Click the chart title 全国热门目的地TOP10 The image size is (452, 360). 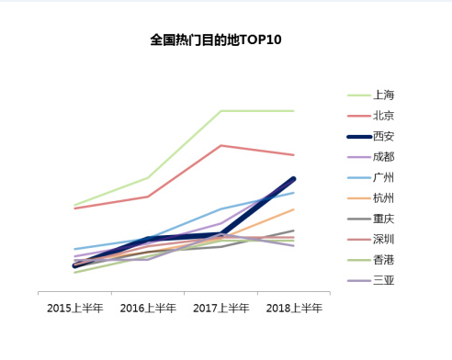tap(216, 40)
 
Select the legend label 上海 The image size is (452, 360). tap(384, 95)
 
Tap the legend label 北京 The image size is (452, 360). tap(384, 116)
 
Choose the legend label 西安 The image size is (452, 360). tap(384, 136)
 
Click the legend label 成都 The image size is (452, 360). tap(384, 157)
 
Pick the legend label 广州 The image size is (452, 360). tap(384, 177)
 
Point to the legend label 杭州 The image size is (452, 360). tap(384, 198)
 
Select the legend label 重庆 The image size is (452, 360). tap(384, 219)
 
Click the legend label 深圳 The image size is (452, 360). tap(384, 240)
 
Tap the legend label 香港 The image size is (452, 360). tap(384, 260)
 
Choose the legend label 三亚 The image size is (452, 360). tap(384, 280)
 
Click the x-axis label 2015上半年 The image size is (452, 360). tap(74, 308)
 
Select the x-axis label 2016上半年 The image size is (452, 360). tap(148, 308)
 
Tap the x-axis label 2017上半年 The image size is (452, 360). tap(220, 308)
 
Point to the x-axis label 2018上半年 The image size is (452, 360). tap(294, 308)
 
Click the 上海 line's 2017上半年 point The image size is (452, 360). tap(221, 111)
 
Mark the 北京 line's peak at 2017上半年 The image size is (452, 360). tap(221, 145)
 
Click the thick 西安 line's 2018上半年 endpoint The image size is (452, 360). tap(293, 179)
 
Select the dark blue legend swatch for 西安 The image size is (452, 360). tap(358, 136)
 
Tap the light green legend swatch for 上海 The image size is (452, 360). tap(358, 95)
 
